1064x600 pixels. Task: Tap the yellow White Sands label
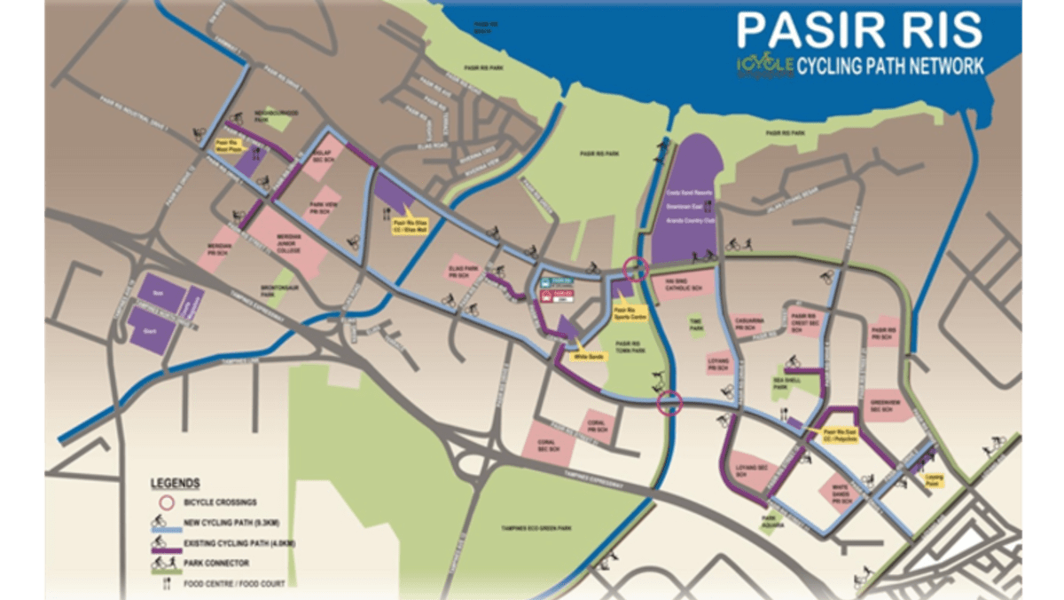coord(587,356)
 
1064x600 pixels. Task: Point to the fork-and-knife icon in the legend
coord(158,580)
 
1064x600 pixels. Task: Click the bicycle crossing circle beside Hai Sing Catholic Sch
coord(635,268)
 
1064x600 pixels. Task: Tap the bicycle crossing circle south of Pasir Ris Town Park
coord(669,404)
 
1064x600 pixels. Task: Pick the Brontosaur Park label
coord(282,289)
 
